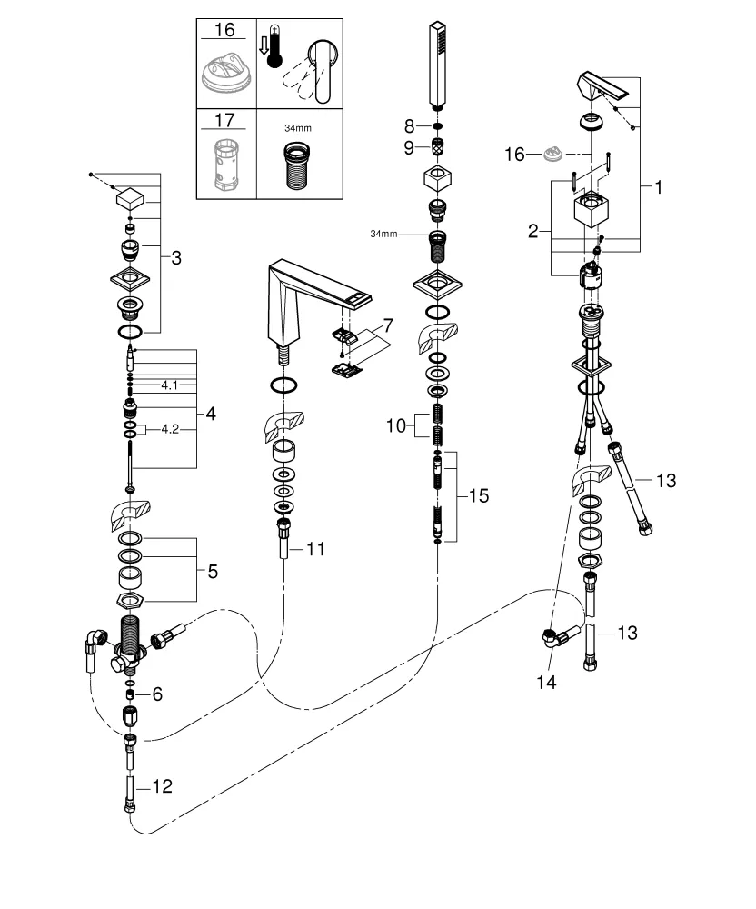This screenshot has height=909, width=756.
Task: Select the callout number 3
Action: point(176,258)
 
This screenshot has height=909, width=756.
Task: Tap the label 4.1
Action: point(170,385)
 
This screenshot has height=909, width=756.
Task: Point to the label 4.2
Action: point(170,428)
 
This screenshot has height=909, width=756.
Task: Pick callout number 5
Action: point(213,572)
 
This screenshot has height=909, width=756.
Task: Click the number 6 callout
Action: point(157,694)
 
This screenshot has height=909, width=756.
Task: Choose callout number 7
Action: point(388,325)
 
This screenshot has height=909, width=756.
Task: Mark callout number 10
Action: point(397,425)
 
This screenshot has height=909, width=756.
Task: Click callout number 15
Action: point(478,496)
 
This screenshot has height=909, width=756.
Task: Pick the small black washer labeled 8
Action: point(437,125)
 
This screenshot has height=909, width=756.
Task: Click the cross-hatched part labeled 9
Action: point(437,145)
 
